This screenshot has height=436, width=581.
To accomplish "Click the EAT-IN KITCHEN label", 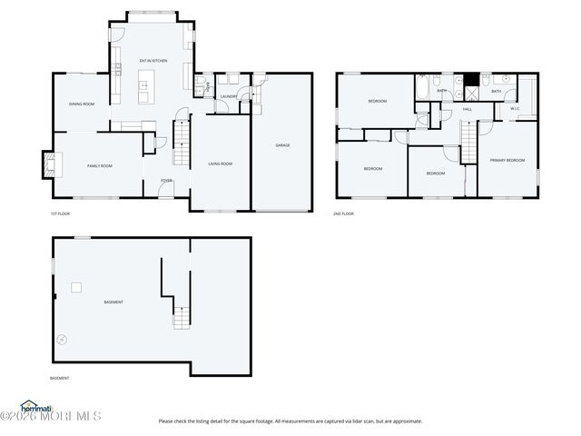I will pos(153,61).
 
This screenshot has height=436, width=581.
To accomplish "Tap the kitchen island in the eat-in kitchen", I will pos(143,91).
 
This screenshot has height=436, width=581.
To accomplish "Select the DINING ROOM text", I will pos(82,104).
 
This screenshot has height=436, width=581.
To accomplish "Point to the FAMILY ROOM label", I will pos(100,166).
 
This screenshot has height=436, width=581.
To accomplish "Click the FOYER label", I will pos(167,181).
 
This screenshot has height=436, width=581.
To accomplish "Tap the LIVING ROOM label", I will pos(221,163).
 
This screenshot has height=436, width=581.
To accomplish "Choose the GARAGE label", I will pos(282,145).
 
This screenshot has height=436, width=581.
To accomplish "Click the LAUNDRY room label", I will pos(229,96).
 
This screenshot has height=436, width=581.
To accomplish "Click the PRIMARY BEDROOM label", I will pos(507,160).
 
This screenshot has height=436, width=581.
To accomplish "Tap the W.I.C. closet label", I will pos(515,110).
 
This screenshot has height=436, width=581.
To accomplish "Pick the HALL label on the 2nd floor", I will pos(468,110).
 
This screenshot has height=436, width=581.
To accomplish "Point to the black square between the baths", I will pos(471,80).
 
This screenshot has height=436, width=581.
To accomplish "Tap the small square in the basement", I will pos(77,287).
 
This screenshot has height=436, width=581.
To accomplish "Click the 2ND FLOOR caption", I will pos(343,213).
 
